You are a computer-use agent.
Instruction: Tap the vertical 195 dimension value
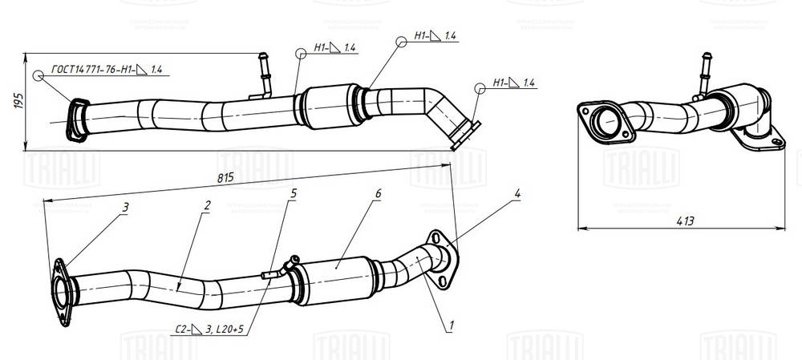(18, 101)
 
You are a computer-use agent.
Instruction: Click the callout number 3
(125, 207)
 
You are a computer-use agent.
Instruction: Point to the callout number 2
(207, 205)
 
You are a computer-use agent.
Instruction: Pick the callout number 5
(294, 193)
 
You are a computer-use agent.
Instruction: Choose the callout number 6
(378, 194)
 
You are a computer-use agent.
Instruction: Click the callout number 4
(518, 193)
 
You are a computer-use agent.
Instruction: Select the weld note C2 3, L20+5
(209, 328)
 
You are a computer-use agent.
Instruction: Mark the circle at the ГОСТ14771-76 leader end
(38, 75)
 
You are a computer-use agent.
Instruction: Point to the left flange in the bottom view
(61, 292)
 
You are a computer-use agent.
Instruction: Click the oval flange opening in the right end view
(602, 123)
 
